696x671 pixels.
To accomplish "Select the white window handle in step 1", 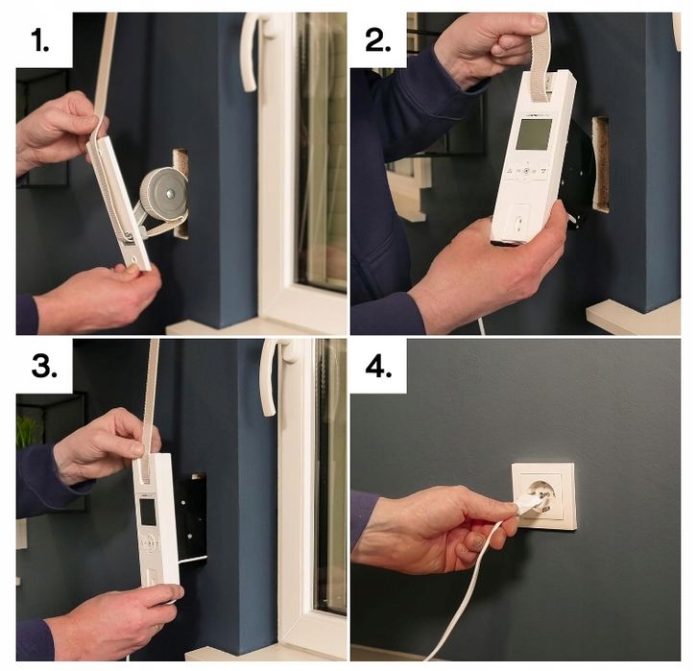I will tap(252, 53).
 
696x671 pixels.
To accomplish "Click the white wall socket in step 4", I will tap(543, 495).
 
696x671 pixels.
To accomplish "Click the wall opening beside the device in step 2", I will tap(601, 163).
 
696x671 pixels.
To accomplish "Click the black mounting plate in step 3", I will tap(192, 518).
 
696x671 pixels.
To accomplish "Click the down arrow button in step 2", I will tap(543, 172).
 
